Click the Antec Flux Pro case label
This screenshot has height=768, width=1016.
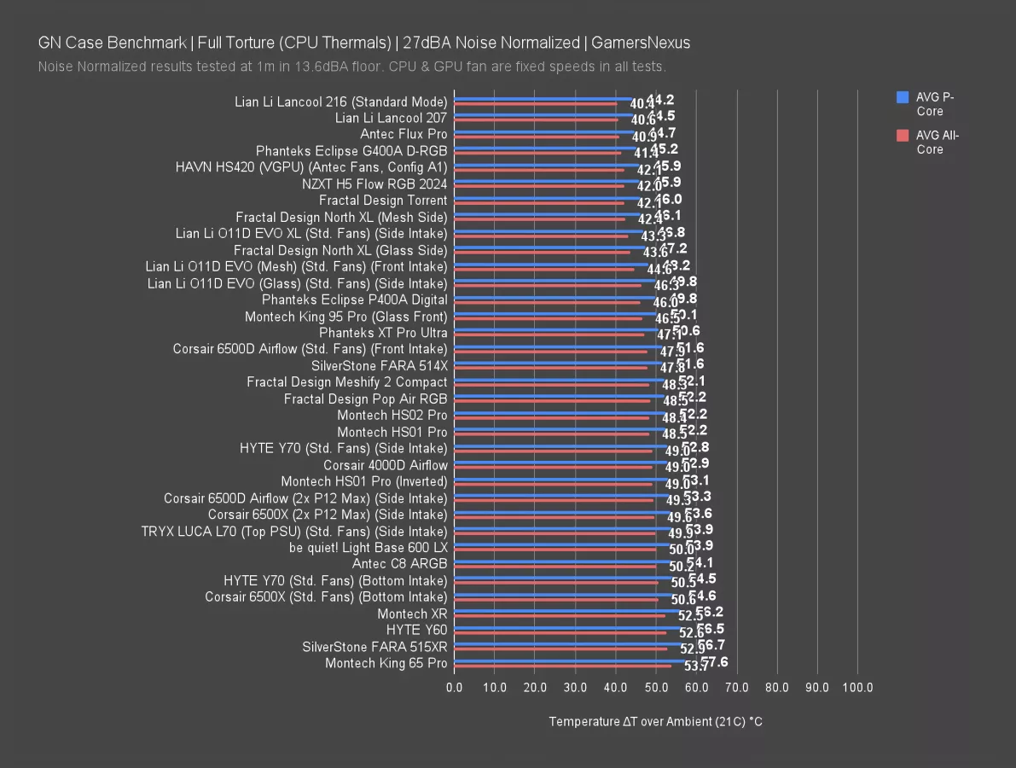click(403, 134)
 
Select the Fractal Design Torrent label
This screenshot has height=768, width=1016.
click(383, 201)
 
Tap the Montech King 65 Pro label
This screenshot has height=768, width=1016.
click(386, 663)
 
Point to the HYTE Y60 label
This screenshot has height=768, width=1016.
click(416, 630)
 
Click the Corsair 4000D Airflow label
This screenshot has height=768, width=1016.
click(385, 465)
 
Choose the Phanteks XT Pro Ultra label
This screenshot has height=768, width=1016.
click(383, 333)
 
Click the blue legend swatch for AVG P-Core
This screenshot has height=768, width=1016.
click(903, 97)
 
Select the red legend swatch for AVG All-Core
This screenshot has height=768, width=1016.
click(903, 135)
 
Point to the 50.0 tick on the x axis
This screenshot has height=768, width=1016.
click(656, 687)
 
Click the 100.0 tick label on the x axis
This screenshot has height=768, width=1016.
click(857, 687)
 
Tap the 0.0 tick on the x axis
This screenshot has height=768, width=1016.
click(454, 687)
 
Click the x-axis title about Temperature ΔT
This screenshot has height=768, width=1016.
click(655, 722)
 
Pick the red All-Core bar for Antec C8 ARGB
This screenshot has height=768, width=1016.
click(554, 567)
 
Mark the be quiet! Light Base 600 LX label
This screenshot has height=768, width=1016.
click(368, 547)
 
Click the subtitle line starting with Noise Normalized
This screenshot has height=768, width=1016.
click(351, 67)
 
